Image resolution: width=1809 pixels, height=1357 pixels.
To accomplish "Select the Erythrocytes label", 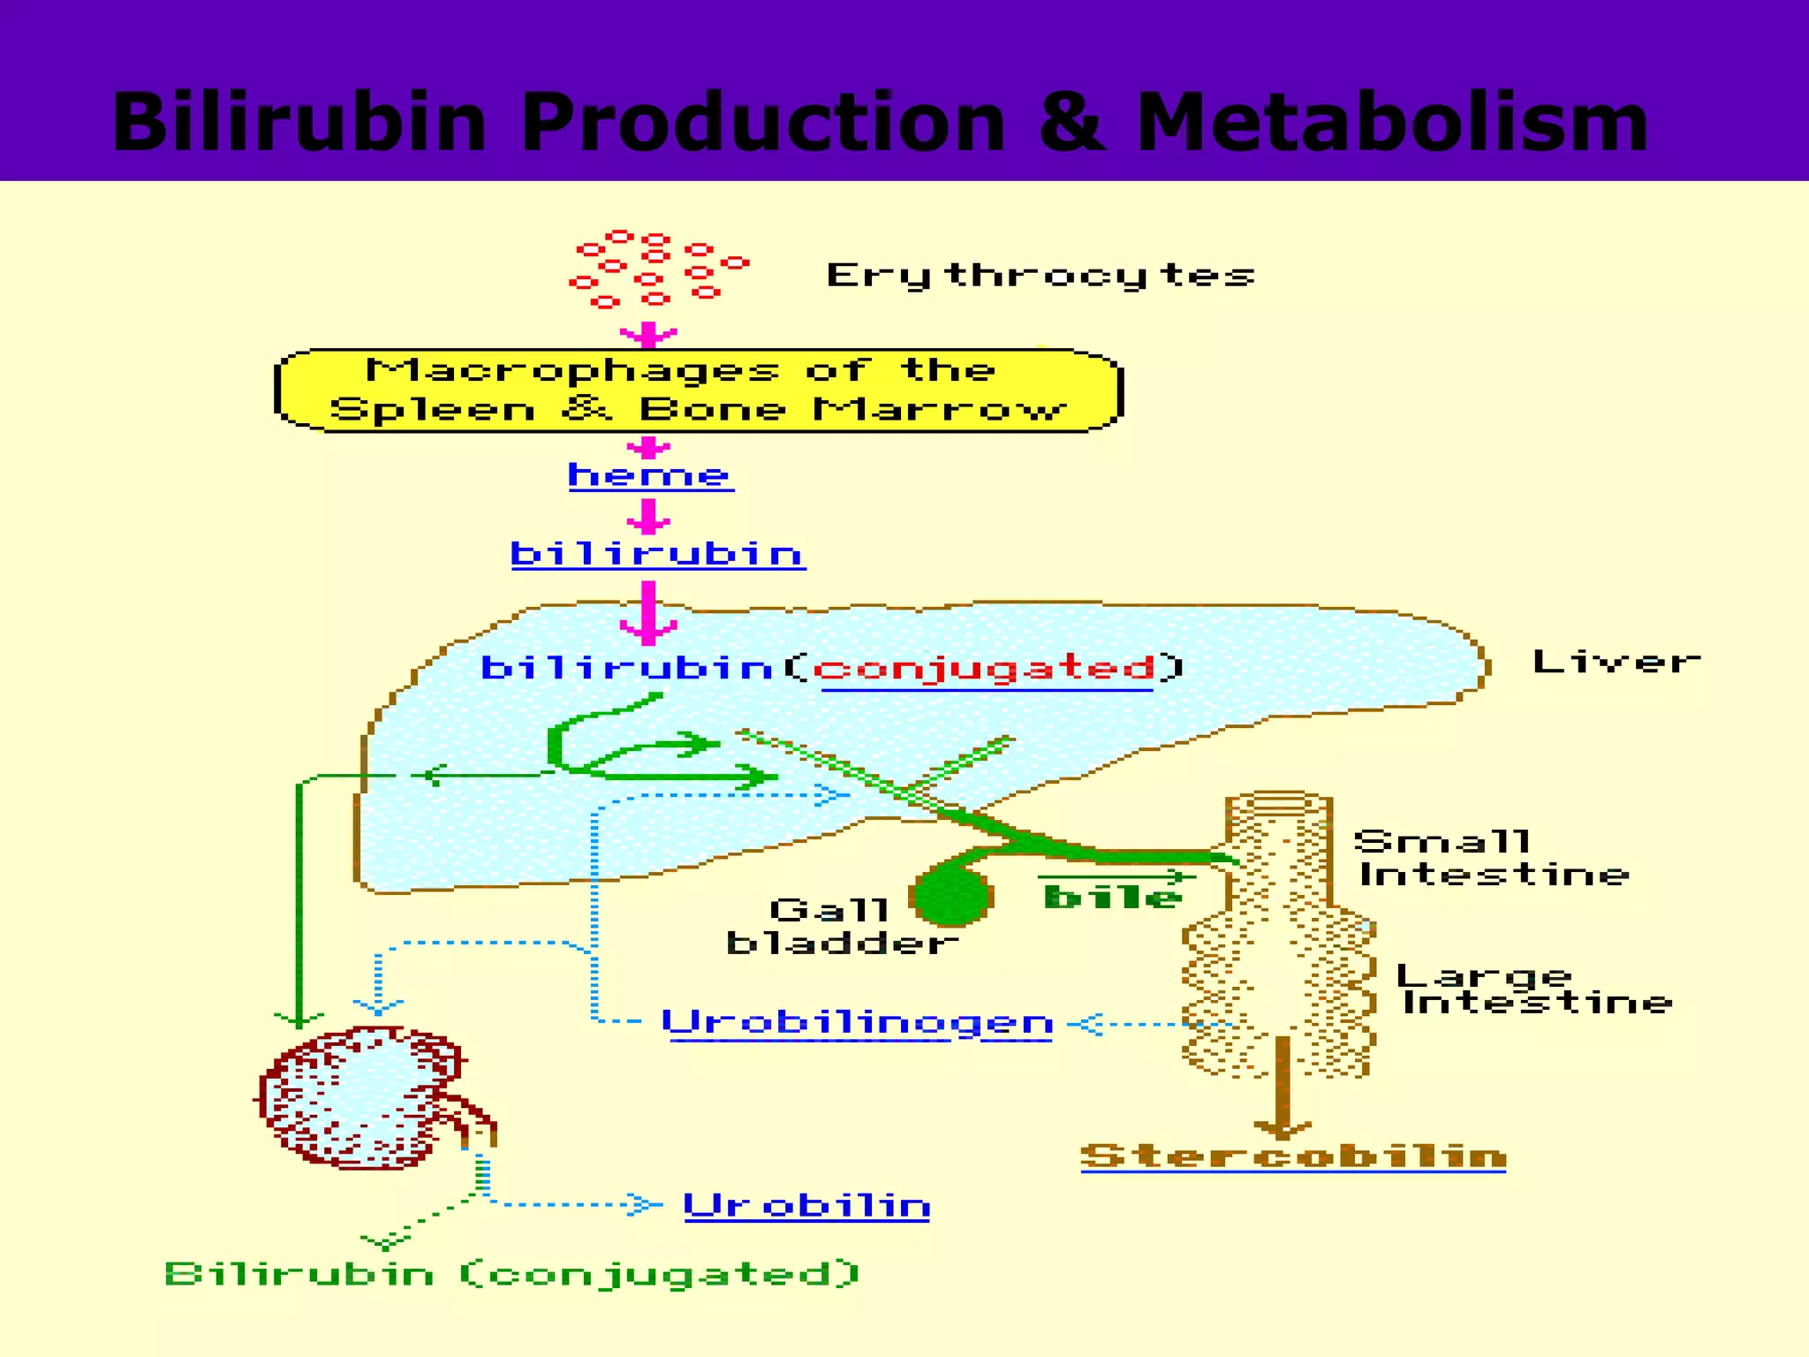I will pyautogui.click(x=1040, y=275).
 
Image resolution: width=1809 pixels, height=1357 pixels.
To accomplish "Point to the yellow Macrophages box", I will pyautogui.click(x=698, y=390).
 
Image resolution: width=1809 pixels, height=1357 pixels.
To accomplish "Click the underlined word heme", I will pyautogui.click(x=650, y=476).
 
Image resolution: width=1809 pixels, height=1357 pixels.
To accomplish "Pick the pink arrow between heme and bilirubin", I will pyautogui.click(x=649, y=516).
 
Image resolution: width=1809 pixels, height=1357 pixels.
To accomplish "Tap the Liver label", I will pyautogui.click(x=1616, y=662).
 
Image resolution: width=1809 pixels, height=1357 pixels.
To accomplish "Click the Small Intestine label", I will pyautogui.click(x=1491, y=858).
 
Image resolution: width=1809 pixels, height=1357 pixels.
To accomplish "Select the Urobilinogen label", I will pyautogui.click(x=857, y=1023).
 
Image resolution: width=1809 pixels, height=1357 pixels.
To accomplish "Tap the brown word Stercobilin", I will pyautogui.click(x=1293, y=1156).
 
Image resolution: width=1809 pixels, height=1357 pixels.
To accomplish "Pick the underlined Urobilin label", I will pyautogui.click(x=806, y=1206).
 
